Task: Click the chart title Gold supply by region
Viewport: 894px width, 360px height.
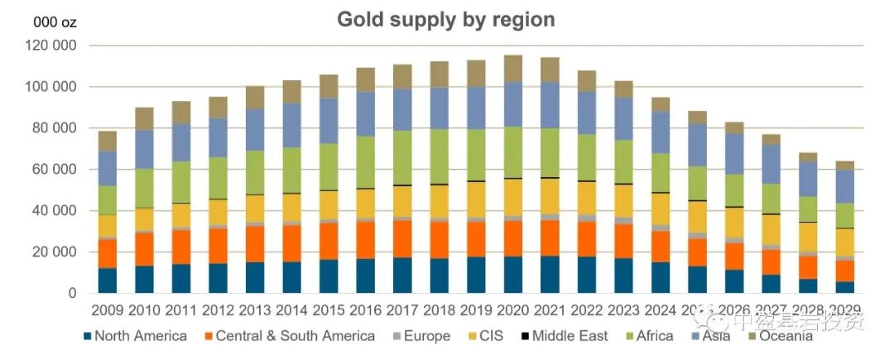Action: (445, 19)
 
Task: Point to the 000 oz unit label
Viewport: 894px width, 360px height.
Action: (55, 22)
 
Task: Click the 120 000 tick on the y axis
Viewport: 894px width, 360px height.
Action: (51, 46)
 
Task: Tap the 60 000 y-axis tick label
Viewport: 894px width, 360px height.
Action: (55, 170)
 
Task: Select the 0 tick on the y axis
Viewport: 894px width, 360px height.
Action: (73, 293)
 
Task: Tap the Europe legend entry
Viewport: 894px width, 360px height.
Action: (421, 336)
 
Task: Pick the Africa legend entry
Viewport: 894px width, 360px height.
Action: (659, 336)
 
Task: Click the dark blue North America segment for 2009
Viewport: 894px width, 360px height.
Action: (107, 280)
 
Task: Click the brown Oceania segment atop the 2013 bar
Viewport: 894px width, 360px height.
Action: (254, 97)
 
